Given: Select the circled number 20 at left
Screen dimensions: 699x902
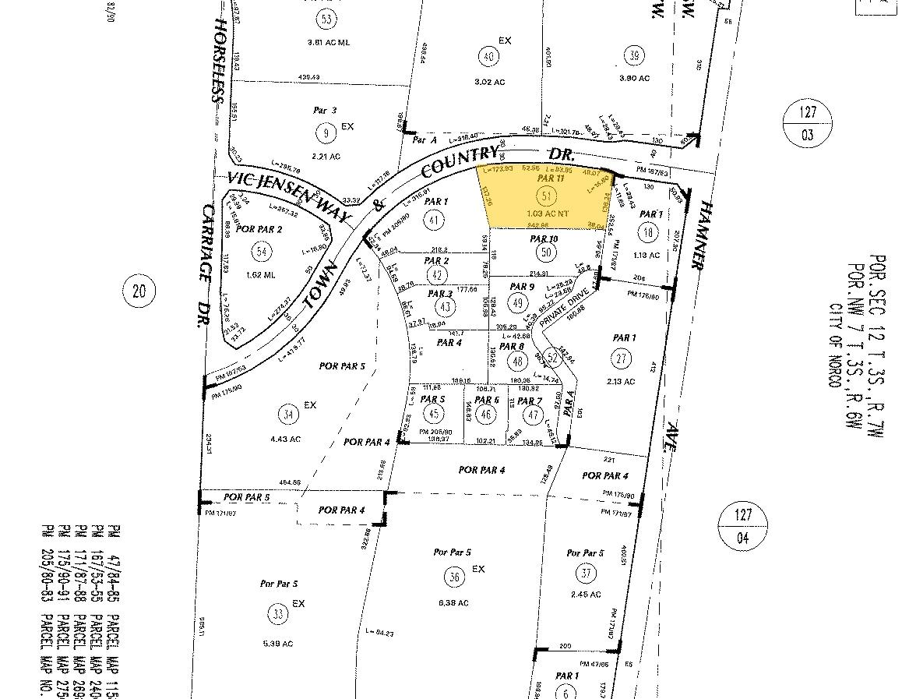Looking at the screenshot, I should point(139,291).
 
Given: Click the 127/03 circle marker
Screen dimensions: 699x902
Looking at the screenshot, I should point(805,125).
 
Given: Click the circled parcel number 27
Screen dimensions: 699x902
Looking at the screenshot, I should point(621,358).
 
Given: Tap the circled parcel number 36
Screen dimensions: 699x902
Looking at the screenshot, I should point(455,577).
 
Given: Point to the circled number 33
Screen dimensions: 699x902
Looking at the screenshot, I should point(277,613).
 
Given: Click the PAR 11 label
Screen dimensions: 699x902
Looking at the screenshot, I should point(550,178).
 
